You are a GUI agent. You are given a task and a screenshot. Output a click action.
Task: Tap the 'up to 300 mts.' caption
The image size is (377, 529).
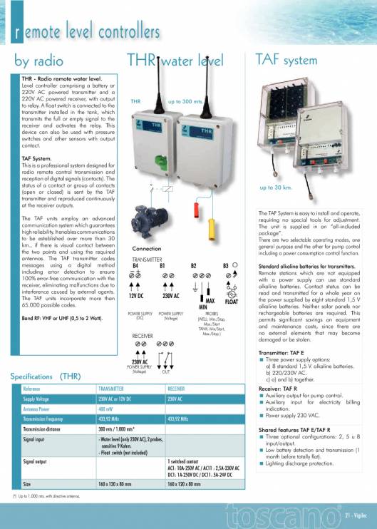186,102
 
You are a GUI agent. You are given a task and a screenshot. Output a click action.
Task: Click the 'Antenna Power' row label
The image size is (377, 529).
38,410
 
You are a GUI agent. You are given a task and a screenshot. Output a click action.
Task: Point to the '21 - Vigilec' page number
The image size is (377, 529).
354,514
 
